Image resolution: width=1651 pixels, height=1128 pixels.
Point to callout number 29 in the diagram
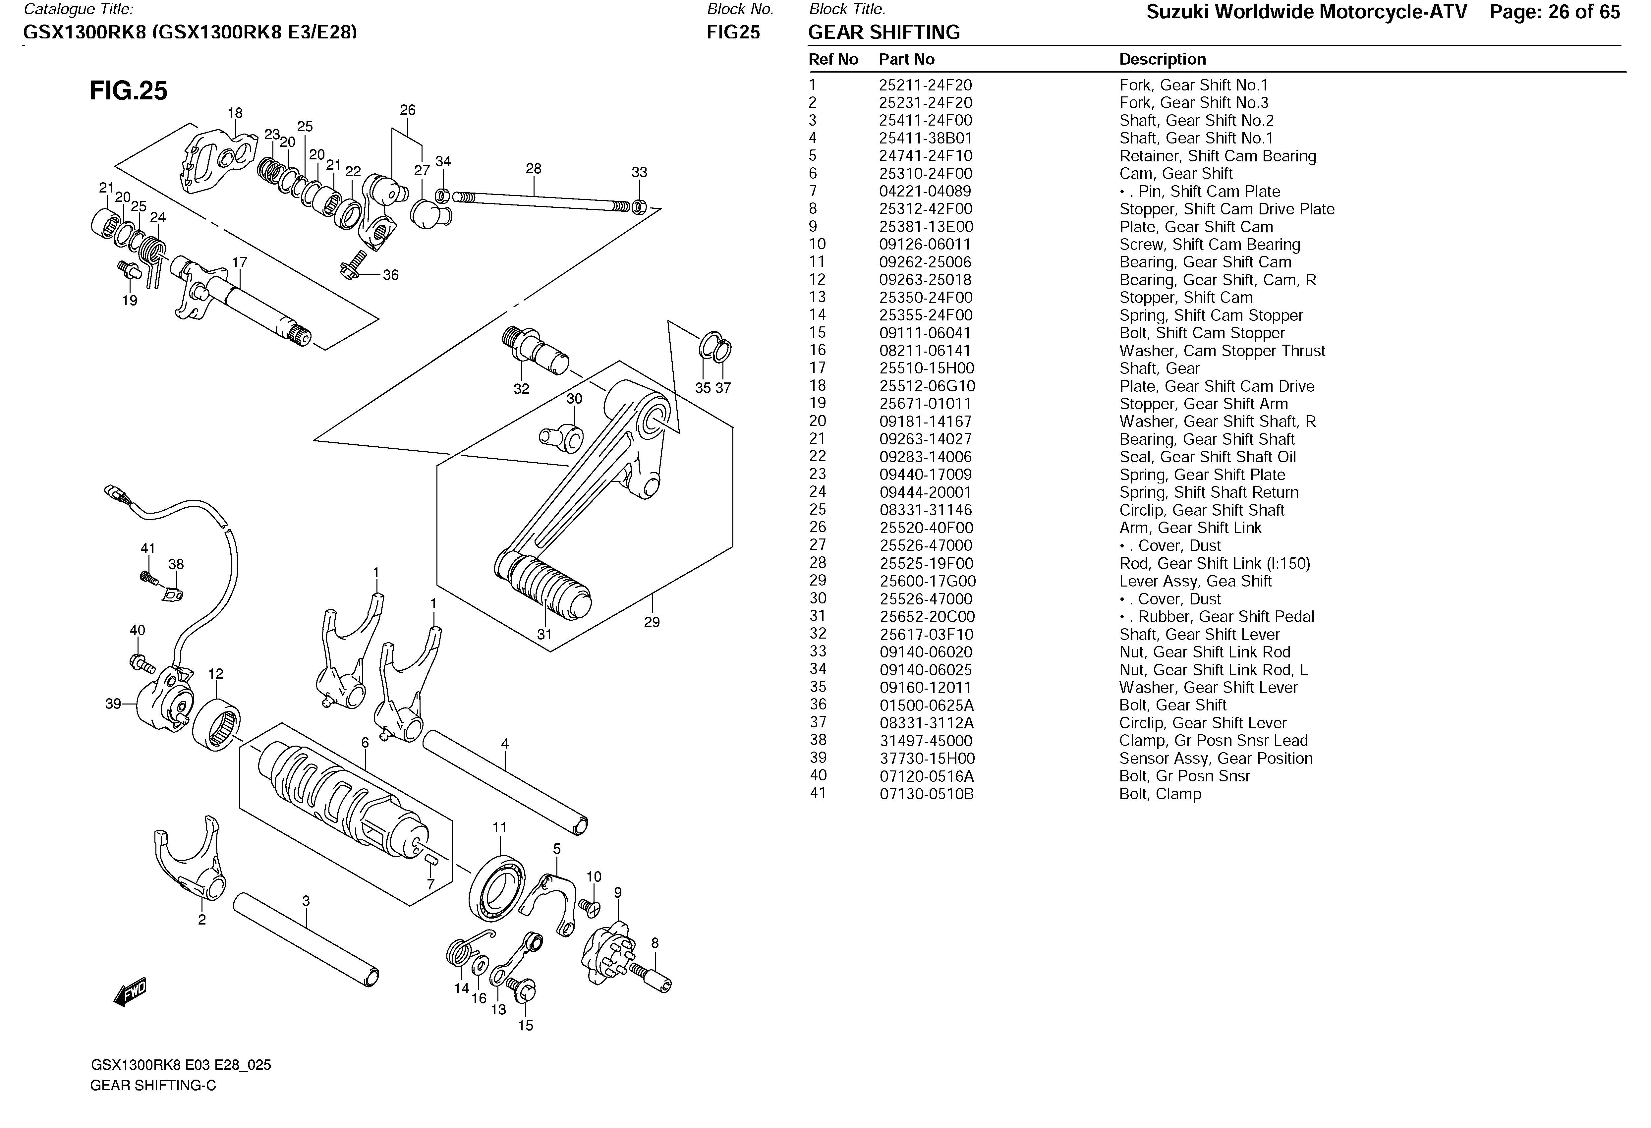point(652,622)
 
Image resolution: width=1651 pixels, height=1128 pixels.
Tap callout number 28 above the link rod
point(534,168)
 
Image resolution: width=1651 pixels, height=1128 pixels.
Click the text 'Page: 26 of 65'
point(1554,12)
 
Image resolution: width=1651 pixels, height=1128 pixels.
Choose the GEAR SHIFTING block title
point(884,33)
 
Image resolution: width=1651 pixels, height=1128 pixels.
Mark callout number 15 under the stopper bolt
point(525,1025)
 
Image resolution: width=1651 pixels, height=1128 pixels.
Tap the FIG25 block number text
point(733,33)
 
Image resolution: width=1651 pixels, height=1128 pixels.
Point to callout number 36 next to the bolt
point(391,275)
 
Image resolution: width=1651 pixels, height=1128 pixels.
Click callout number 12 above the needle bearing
point(216,673)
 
